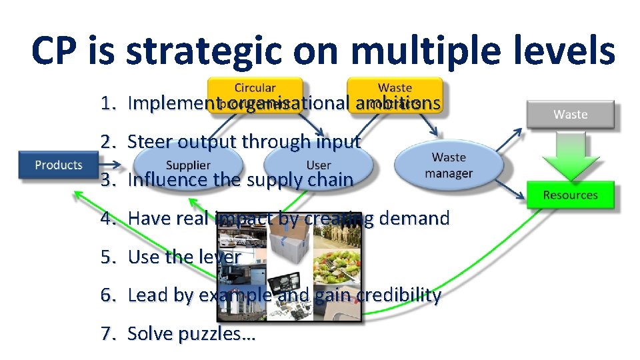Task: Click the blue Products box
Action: pyautogui.click(x=59, y=165)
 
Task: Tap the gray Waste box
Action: pyautogui.click(x=570, y=114)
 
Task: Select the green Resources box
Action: pyautogui.click(x=570, y=195)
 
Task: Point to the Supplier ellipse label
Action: pyautogui.click(x=188, y=165)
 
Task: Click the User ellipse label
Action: pyautogui.click(x=319, y=165)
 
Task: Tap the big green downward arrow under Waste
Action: pyautogui.click(x=570, y=155)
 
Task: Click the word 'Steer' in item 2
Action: pyautogui.click(x=147, y=141)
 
